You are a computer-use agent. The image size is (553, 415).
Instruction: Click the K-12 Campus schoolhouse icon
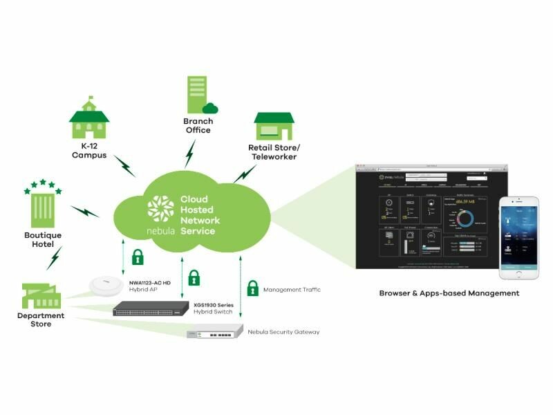(x=88, y=120)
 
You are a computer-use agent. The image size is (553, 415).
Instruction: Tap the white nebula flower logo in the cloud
(x=160, y=208)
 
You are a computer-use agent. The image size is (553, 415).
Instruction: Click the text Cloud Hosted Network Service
(x=200, y=214)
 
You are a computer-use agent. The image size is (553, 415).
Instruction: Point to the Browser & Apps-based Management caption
(x=449, y=293)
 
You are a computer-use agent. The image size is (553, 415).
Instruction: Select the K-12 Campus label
(x=89, y=150)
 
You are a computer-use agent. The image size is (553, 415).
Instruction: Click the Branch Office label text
(x=198, y=125)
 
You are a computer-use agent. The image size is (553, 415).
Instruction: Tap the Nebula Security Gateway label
(x=283, y=332)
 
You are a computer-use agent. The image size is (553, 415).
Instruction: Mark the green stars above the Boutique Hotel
(x=43, y=185)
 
